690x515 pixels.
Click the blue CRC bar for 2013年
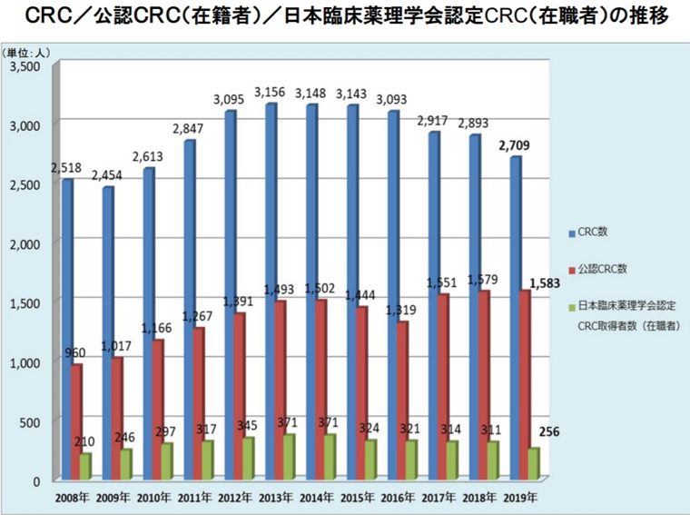click(271, 291)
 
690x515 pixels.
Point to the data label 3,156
click(270, 93)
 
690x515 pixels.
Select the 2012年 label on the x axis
click(234, 498)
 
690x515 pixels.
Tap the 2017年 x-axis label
click(439, 498)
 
